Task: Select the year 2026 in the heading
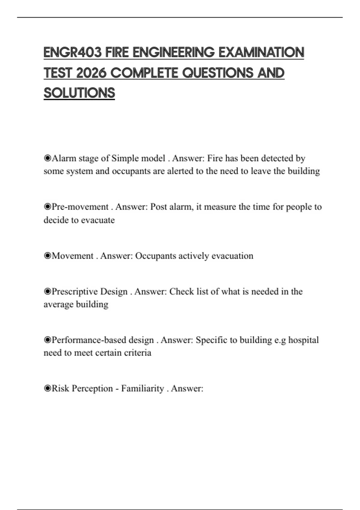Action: (x=91, y=73)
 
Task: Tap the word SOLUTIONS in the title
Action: (x=79, y=93)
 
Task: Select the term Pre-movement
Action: (x=80, y=207)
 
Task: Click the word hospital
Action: (x=303, y=340)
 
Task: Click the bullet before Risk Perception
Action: (x=47, y=388)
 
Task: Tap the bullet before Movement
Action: (x=47, y=256)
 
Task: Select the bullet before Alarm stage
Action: (x=47, y=158)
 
